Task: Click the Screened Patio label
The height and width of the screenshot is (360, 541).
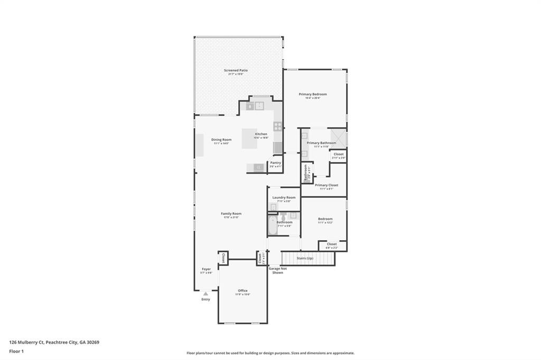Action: [236, 70]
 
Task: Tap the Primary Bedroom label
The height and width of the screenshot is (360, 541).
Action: [313, 94]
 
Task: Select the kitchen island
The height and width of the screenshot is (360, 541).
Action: [249, 139]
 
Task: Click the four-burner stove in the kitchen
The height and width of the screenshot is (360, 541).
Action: [277, 126]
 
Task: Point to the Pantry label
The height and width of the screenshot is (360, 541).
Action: [276, 163]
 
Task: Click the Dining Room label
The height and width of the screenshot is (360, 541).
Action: [221, 139]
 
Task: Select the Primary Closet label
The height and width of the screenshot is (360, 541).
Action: [326, 185]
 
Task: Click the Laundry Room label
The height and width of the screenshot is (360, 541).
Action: [284, 197]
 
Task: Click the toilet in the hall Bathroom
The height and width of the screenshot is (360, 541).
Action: [284, 216]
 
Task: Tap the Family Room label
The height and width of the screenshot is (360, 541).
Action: [231, 213]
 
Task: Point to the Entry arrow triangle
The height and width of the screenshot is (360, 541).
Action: [206, 293]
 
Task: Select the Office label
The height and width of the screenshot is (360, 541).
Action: [242, 290]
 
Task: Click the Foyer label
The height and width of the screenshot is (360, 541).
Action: [206, 269]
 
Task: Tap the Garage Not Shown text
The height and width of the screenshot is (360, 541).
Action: [277, 270]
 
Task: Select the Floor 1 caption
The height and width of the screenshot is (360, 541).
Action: [17, 350]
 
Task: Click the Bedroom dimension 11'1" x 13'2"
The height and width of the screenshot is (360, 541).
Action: [325, 222]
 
